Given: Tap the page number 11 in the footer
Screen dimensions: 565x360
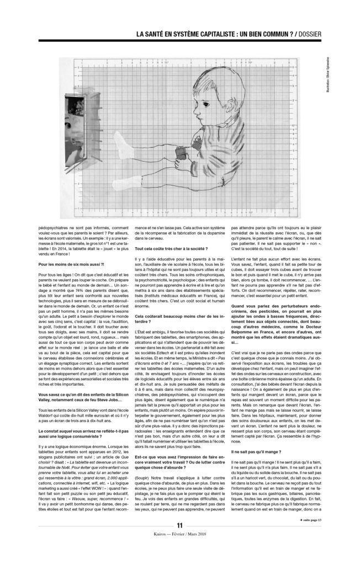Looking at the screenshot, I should tap(179, 541).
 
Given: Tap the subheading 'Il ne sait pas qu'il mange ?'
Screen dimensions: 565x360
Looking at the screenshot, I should tap(252, 467).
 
